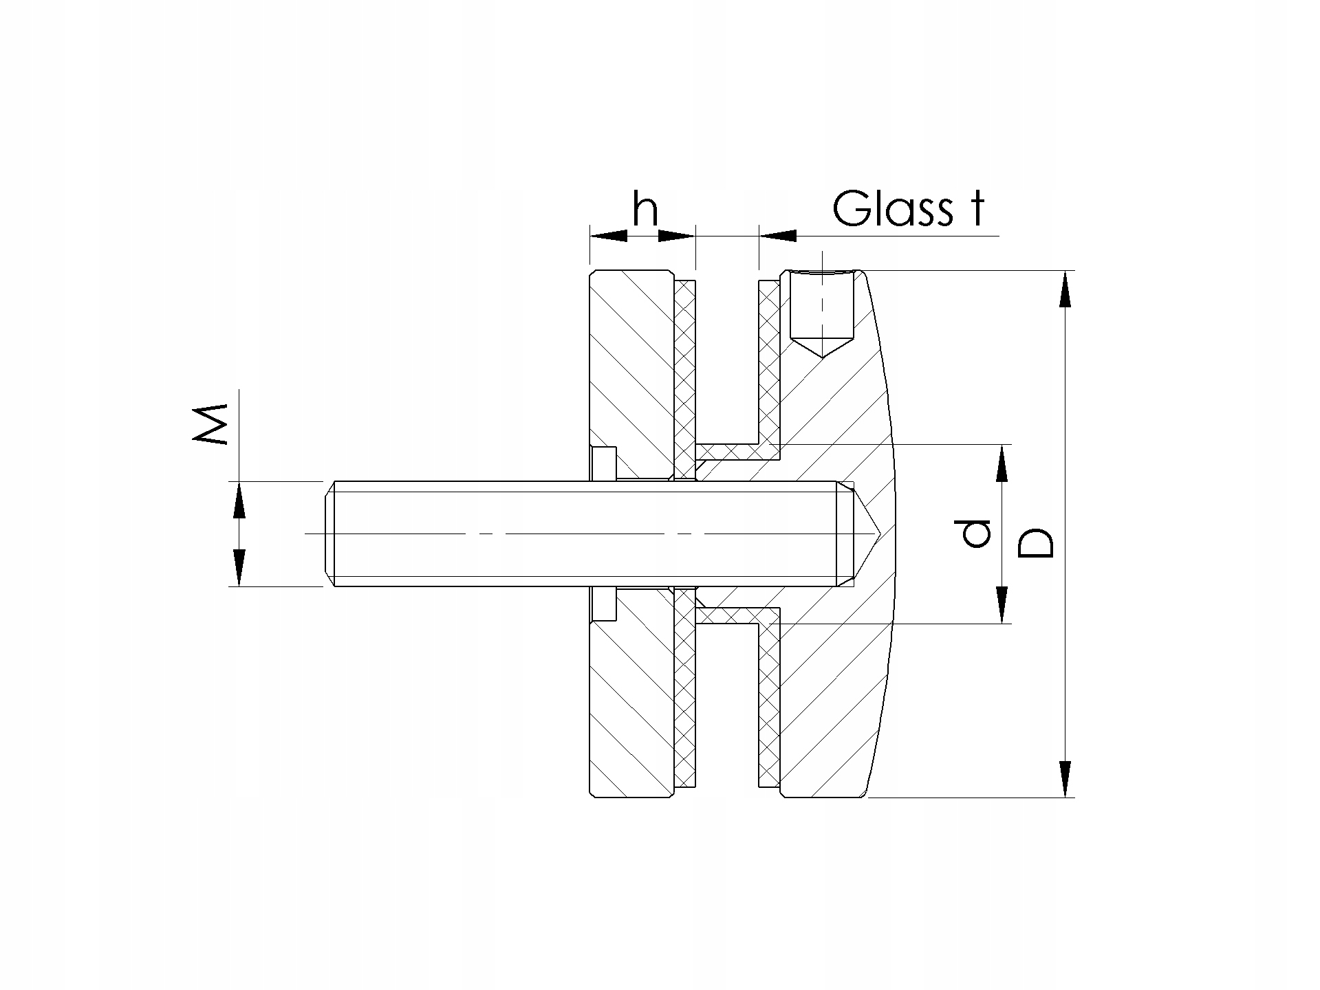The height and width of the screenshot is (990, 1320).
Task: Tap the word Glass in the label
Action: click(893, 208)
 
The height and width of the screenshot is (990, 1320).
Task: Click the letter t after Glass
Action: click(976, 210)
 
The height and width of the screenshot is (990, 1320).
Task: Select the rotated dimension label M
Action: click(212, 424)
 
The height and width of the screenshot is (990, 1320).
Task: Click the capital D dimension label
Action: click(1036, 542)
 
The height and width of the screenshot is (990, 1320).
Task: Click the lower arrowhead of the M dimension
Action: click(239, 568)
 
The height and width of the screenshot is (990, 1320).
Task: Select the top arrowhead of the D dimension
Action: click(1065, 289)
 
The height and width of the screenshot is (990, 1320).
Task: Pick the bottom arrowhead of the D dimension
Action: click(1065, 780)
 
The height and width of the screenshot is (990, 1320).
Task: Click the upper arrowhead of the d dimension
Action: click(1002, 463)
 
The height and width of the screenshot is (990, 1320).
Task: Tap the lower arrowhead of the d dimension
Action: click(1002, 605)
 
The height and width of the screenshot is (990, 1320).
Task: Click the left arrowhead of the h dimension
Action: click(609, 236)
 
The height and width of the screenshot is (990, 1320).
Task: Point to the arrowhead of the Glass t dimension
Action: click(777, 236)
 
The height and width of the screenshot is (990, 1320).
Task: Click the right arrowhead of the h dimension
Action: click(677, 236)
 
